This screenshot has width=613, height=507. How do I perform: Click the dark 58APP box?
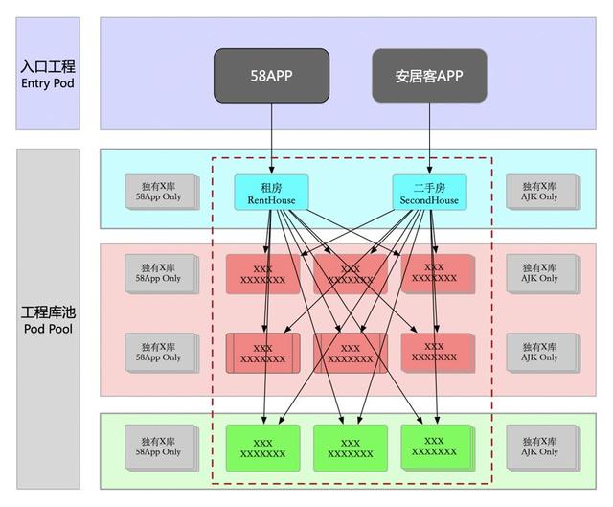pos(272,74)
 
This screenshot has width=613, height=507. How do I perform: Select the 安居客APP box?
pos(428,74)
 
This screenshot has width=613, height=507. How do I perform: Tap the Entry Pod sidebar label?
pos(48,74)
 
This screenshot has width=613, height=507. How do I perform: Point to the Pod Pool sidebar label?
pos(48,321)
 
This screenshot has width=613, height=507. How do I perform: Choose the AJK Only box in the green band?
pos(540,446)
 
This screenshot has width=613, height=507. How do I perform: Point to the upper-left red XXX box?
pos(261,274)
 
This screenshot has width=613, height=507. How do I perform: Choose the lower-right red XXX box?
pos(435,352)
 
